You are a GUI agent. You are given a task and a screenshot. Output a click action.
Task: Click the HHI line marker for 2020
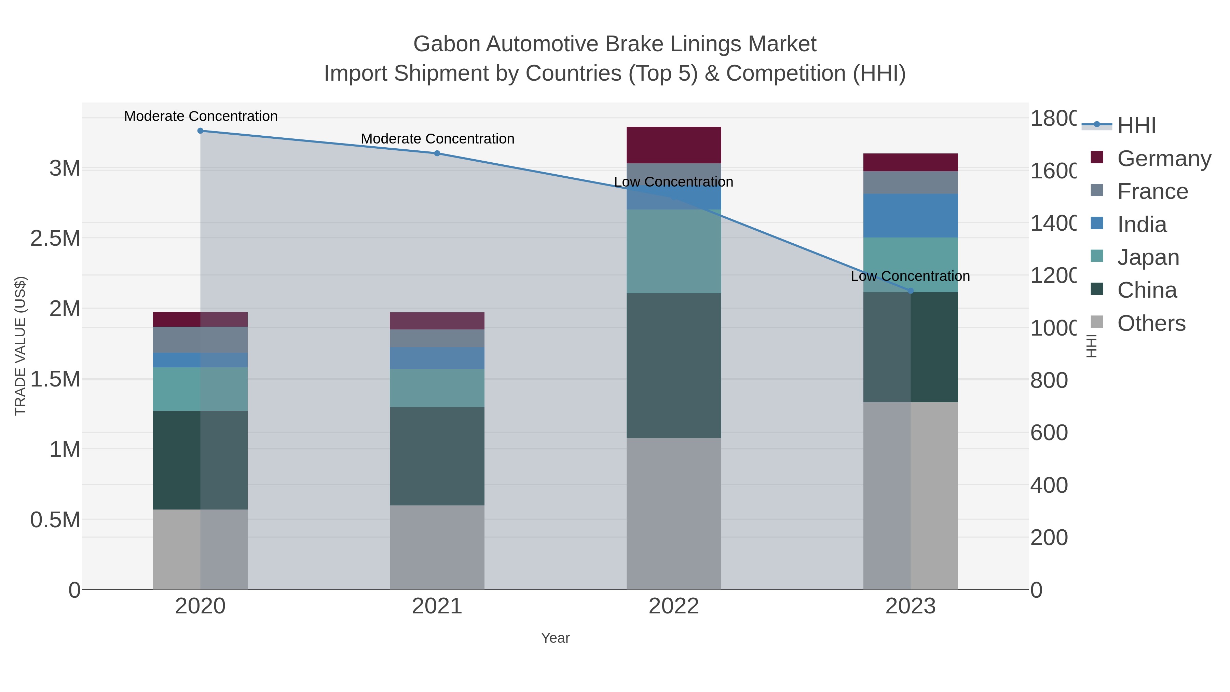200,131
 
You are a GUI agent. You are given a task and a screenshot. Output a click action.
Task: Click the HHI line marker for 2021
437,153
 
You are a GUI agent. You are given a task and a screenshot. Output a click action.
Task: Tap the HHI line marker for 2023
910,291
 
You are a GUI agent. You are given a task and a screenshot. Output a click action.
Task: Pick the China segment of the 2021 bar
437,456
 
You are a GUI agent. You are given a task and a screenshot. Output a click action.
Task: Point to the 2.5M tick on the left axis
55,238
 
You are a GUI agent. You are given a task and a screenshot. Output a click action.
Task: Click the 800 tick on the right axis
1049,381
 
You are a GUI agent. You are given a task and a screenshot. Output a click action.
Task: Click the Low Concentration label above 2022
673,182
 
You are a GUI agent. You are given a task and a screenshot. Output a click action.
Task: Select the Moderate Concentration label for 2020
201,116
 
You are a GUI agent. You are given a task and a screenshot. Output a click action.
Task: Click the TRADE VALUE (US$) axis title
20,346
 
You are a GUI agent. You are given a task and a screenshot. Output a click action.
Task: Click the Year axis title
555,638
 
